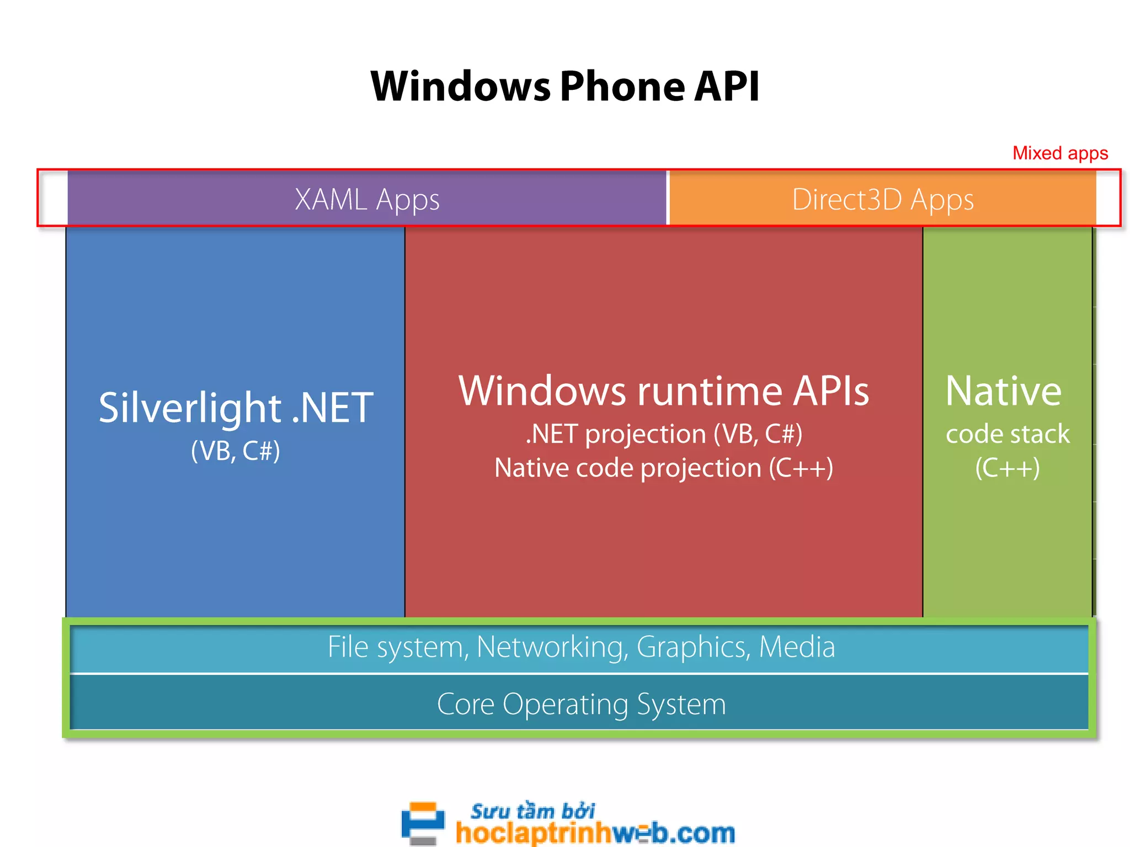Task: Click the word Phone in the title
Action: [622, 87]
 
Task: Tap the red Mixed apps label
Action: [1060, 153]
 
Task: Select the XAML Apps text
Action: [367, 200]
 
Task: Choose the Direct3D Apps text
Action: [883, 200]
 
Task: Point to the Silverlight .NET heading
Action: [236, 408]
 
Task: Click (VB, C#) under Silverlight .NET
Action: [236, 451]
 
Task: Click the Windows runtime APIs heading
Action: [664, 392]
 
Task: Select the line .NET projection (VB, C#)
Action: [664, 434]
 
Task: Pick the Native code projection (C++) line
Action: [664, 468]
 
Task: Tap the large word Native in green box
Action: [1004, 392]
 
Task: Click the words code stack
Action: [1008, 434]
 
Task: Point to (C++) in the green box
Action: [1008, 468]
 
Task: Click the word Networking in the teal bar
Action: [552, 647]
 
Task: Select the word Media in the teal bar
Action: [797, 647]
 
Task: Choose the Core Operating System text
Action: [582, 705]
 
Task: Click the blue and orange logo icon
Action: [423, 823]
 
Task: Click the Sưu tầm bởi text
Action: [532, 811]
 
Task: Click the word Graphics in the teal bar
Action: [693, 647]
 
